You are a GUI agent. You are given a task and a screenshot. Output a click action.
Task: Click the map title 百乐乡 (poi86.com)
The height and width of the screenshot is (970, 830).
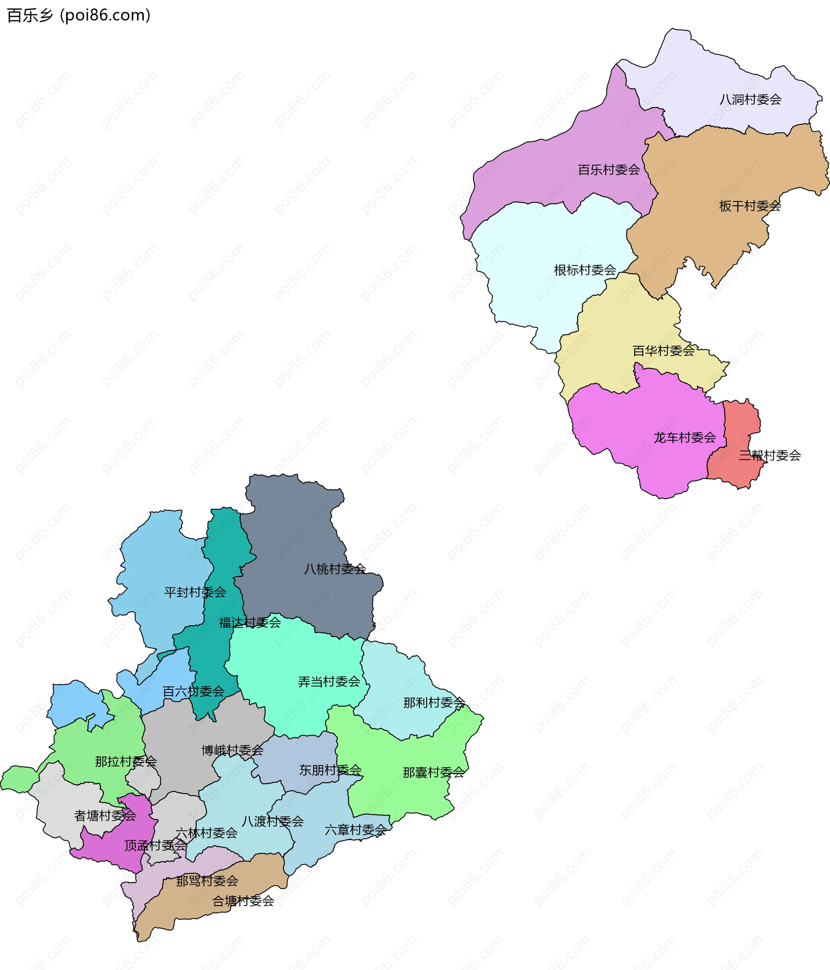pyautogui.click(x=79, y=16)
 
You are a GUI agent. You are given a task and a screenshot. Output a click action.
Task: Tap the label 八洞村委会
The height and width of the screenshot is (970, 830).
pyautogui.click(x=750, y=100)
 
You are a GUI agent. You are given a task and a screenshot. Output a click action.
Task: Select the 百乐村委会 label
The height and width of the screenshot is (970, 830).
pyautogui.click(x=609, y=170)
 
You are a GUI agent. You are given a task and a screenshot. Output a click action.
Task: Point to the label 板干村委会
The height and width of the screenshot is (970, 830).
pyautogui.click(x=750, y=206)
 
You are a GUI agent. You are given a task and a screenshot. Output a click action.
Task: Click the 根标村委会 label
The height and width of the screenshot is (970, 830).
pyautogui.click(x=585, y=270)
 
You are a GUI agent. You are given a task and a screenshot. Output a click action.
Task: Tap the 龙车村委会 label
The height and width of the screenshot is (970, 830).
pyautogui.click(x=684, y=438)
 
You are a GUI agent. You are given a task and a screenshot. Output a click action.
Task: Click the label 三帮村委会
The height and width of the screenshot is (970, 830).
pyautogui.click(x=769, y=456)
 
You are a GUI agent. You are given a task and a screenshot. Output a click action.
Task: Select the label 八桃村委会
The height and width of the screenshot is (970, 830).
pyautogui.click(x=335, y=569)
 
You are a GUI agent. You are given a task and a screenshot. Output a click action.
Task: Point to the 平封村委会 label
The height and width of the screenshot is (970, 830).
pyautogui.click(x=195, y=593)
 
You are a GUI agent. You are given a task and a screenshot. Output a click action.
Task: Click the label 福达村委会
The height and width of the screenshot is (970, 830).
pyautogui.click(x=249, y=622)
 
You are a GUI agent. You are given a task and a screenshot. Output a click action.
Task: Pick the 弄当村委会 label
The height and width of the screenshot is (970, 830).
pyautogui.click(x=329, y=682)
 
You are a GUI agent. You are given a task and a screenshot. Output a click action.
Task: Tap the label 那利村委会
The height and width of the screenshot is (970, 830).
pyautogui.click(x=434, y=703)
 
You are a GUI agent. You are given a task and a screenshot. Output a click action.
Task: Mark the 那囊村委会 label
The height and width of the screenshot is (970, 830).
pyautogui.click(x=434, y=772)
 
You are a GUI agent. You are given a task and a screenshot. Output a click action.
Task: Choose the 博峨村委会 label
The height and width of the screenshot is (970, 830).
pyautogui.click(x=232, y=750)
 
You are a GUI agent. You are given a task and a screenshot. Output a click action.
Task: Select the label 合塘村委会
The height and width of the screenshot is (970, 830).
pyautogui.click(x=243, y=901)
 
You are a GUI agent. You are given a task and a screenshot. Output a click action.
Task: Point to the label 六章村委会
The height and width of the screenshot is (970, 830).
pyautogui.click(x=355, y=830)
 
